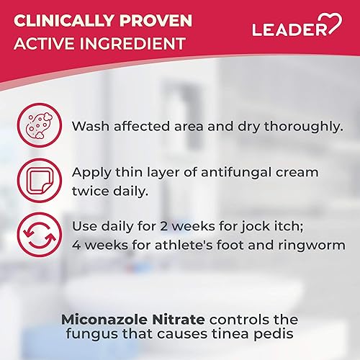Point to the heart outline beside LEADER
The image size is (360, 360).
(333, 27)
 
